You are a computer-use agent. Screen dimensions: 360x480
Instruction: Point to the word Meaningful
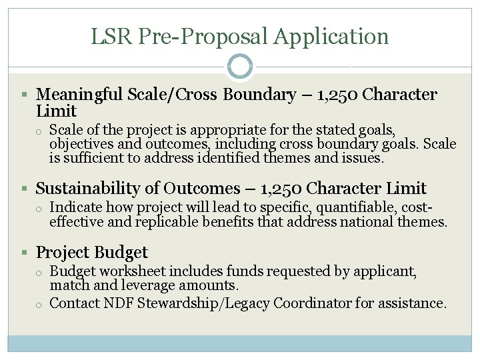(x=83, y=95)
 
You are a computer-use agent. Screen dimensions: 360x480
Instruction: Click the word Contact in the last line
(x=75, y=303)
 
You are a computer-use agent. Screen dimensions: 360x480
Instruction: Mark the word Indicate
(x=76, y=207)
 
